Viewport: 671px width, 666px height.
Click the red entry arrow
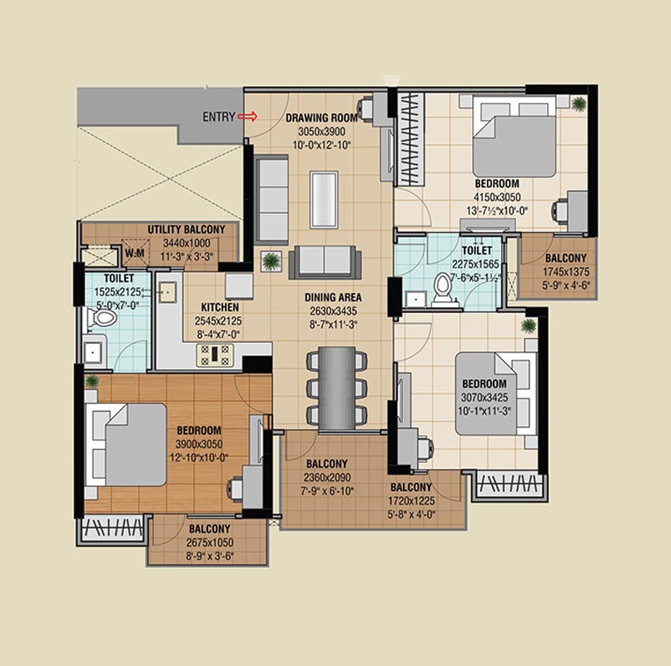click(247, 117)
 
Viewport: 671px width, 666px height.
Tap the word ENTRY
click(219, 117)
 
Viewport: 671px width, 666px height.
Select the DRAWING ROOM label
click(321, 117)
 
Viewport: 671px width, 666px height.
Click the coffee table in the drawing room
click(324, 199)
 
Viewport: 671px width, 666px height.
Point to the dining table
click(337, 388)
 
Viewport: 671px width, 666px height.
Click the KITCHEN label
click(220, 307)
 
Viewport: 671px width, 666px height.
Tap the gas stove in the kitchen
click(216, 355)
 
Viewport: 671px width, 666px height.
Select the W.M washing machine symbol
click(134, 253)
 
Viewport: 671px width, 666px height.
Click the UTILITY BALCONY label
click(186, 230)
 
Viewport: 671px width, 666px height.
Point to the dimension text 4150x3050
click(497, 197)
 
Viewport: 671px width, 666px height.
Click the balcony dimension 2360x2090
click(327, 478)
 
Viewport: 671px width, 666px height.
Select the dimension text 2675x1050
click(210, 543)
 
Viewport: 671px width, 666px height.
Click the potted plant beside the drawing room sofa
click(271, 261)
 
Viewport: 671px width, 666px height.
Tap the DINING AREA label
click(333, 297)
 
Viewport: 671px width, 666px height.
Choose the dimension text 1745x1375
click(566, 271)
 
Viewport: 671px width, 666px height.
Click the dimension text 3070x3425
click(485, 398)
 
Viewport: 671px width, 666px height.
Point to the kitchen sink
click(168, 292)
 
